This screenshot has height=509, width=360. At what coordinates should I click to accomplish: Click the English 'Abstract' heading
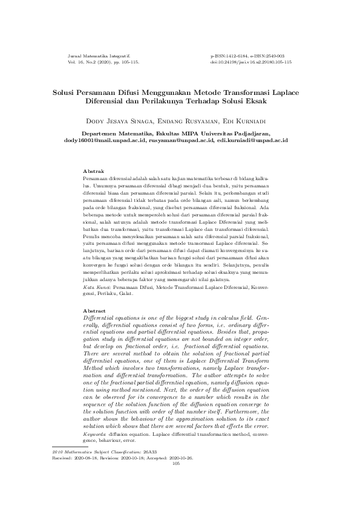tap(95, 311)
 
